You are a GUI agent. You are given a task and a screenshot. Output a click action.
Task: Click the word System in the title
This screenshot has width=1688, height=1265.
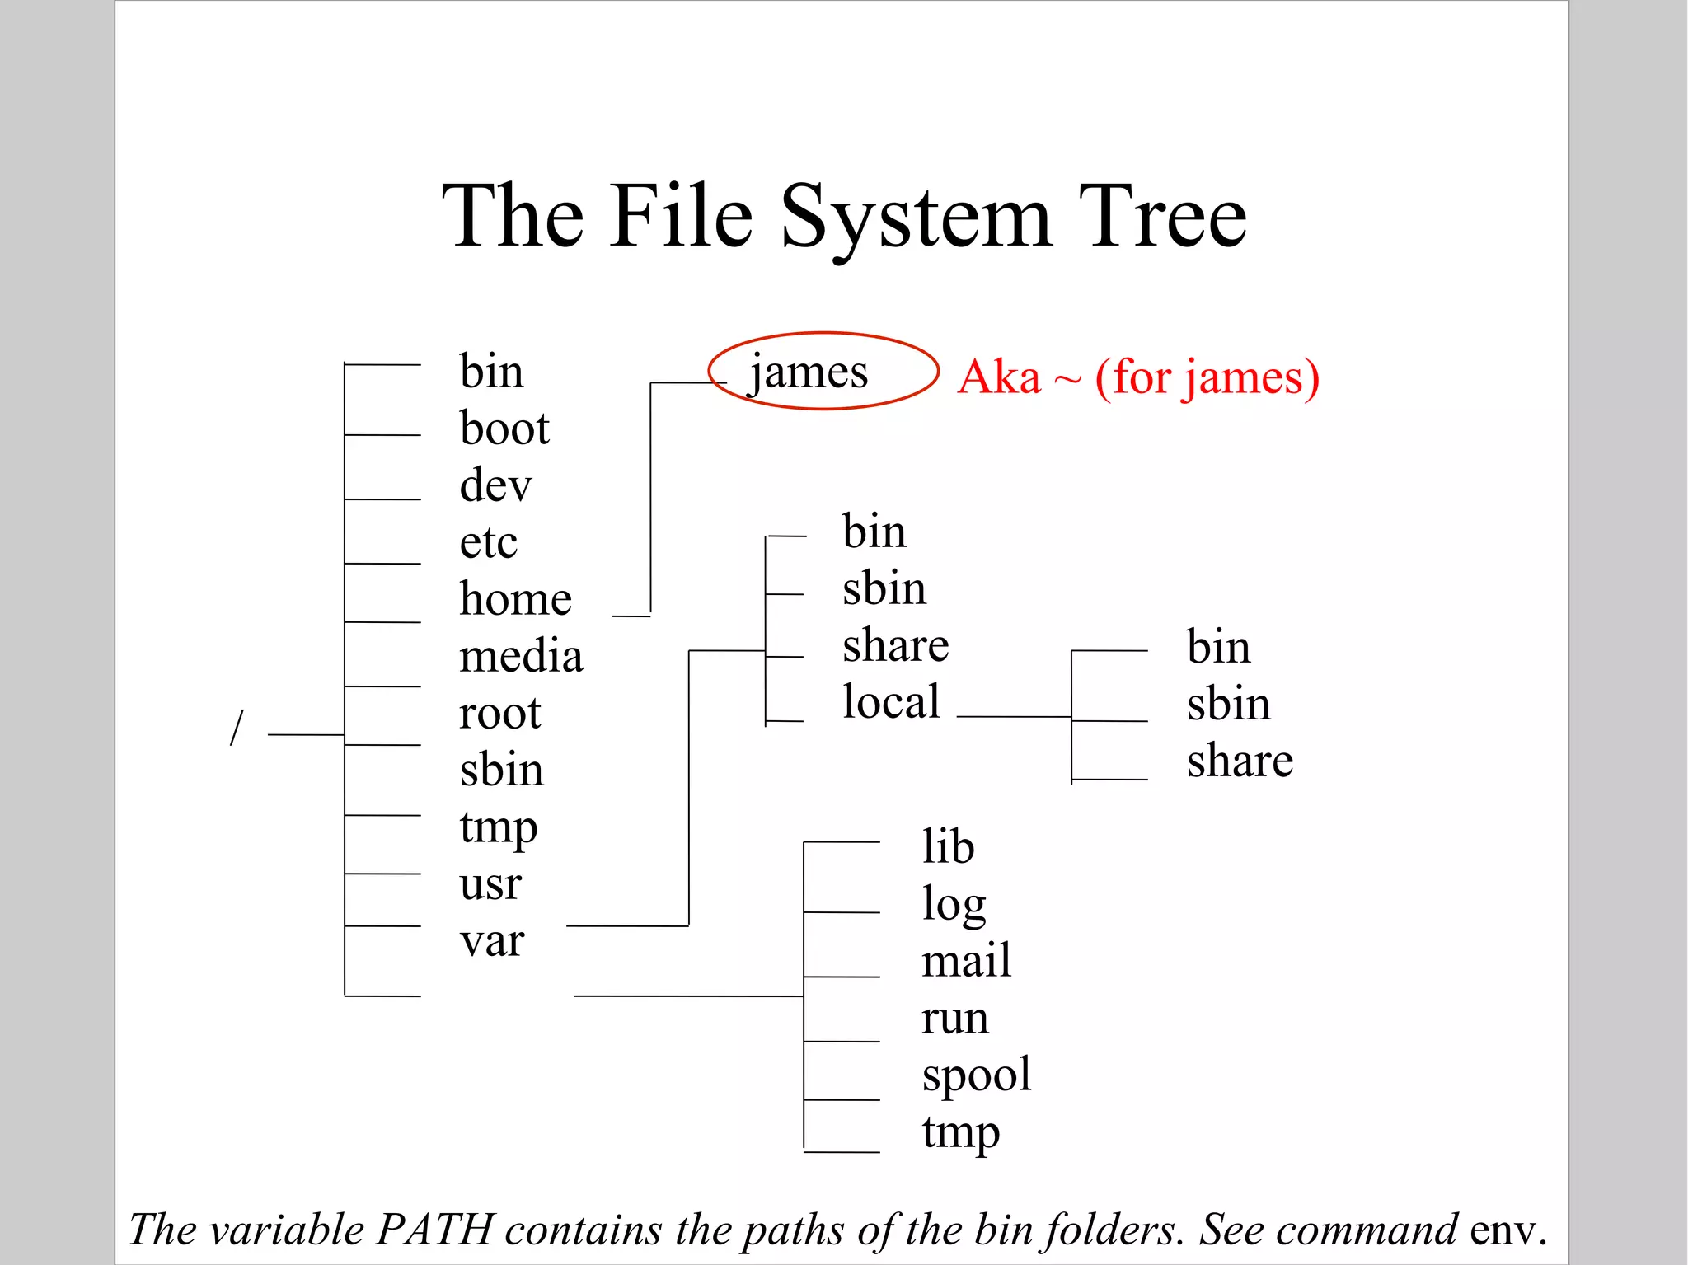(x=916, y=218)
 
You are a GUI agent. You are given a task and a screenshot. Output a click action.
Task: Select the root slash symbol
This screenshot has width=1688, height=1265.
(x=237, y=727)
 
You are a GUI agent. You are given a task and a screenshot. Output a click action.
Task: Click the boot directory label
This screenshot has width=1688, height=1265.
(x=504, y=429)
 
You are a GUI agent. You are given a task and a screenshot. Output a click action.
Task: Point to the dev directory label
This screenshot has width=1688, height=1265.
(x=495, y=485)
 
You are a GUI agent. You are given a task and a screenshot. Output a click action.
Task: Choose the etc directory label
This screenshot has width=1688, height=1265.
(x=489, y=542)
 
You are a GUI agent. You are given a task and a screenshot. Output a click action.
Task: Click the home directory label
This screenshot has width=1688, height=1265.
(x=516, y=599)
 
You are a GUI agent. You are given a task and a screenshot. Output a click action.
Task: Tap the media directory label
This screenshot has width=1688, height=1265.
(x=521, y=656)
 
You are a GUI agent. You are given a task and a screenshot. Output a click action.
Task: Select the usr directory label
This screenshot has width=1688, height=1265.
(x=490, y=884)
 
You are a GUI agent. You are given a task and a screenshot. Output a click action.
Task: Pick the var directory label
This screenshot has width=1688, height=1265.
(x=491, y=941)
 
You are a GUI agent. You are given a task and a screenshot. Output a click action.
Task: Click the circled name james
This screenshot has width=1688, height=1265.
(x=809, y=372)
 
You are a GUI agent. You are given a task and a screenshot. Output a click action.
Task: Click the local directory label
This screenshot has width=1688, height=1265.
(x=891, y=702)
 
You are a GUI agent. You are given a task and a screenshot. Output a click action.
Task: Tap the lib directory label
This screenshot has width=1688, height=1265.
(x=948, y=847)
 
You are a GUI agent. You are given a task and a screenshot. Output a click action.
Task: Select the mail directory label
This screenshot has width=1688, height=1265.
(x=966, y=961)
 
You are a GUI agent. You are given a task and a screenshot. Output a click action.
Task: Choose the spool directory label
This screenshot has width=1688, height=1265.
(x=977, y=1075)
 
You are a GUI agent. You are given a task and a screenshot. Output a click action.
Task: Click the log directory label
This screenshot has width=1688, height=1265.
(x=954, y=905)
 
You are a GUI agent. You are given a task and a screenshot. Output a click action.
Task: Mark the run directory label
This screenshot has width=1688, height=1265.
(x=954, y=1019)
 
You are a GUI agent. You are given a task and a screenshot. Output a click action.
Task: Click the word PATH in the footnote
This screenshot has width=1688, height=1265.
(x=435, y=1230)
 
